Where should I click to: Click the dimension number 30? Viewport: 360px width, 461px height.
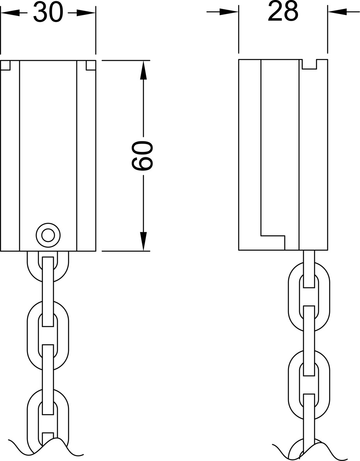[48, 13]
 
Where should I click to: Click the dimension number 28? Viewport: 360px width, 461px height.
[283, 12]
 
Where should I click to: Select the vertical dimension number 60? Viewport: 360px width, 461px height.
[142, 155]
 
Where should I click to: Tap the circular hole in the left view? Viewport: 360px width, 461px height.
[48, 235]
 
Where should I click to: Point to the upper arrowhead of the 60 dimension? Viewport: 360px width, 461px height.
[143, 70]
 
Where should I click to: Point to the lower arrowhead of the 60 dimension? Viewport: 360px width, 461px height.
[143, 241]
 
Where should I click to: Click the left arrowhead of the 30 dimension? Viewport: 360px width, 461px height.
[10, 13]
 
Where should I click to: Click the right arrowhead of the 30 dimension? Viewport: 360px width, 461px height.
[86, 13]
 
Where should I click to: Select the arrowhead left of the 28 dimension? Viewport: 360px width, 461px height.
[229, 12]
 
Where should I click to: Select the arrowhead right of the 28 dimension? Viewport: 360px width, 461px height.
[337, 12]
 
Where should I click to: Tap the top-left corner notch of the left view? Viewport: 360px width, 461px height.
[5, 65]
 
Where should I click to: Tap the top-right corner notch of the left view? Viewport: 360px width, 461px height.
[91, 65]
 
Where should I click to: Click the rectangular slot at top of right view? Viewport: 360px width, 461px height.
[310, 64]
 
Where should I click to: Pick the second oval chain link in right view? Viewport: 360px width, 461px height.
[309, 385]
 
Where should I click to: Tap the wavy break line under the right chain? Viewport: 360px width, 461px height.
[308, 449]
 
